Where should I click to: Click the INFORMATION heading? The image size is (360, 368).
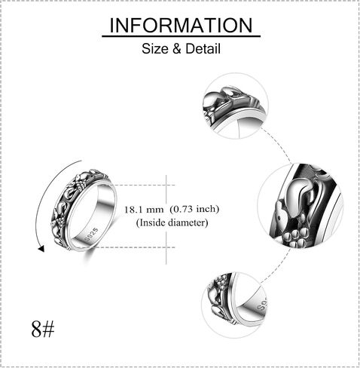[181, 25]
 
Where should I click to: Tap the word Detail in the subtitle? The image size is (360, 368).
[203, 48]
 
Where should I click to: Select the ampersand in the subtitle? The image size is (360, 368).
[177, 49]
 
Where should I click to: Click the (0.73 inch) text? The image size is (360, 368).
[194, 209]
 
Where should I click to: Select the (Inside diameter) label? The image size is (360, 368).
[172, 222]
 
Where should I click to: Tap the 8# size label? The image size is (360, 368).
[43, 329]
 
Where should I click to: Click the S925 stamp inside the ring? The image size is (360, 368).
[92, 235]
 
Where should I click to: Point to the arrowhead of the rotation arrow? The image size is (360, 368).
[41, 249]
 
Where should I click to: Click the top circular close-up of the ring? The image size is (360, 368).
[236, 106]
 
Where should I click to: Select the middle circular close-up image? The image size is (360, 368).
[301, 206]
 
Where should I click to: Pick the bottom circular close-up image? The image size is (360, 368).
[235, 305]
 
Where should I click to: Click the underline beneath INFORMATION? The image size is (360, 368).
[181, 37]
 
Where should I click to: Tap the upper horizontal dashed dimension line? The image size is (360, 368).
[143, 186]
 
